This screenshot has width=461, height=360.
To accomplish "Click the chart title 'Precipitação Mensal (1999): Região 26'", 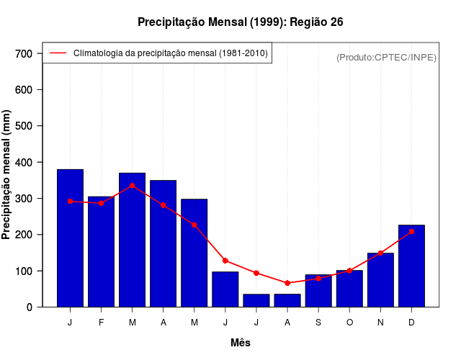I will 240,22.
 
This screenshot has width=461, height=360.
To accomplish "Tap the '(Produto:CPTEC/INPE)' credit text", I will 386,57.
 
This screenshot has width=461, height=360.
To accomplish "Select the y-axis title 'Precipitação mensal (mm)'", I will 7,175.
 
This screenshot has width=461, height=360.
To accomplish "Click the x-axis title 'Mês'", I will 241,343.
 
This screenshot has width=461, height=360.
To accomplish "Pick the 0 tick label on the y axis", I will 29,307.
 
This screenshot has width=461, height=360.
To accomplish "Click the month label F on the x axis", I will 102,323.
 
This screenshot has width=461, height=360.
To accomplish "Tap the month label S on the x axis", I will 318,323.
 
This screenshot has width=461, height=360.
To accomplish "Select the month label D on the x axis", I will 411,323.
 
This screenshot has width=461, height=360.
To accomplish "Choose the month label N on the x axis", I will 380,323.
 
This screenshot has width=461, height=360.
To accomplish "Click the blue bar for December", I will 411,266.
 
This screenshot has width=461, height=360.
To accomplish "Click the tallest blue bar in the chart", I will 71,238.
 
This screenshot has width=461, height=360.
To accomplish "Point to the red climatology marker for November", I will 380,253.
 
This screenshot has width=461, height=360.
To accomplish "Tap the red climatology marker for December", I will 411,231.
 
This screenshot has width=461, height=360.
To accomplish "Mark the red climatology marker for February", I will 102,203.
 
